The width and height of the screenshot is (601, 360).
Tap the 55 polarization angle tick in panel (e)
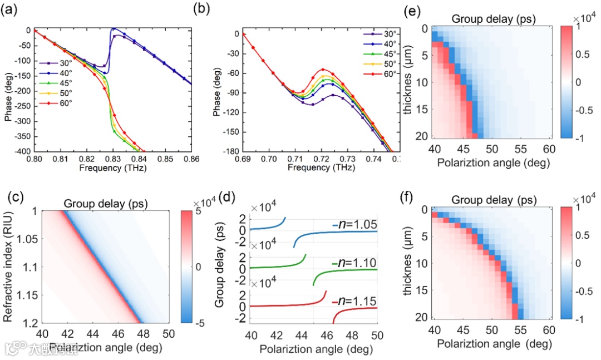pyautogui.click(x=514, y=150)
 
